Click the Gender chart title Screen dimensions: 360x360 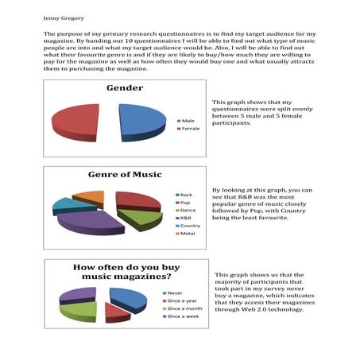[125, 87]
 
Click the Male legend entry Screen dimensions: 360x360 [188, 121]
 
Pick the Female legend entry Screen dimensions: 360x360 [190, 128]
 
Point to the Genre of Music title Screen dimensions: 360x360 [125, 174]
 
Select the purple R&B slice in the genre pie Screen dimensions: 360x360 [90, 222]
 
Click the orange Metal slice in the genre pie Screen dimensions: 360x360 [91, 196]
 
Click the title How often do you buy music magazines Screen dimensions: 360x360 [128, 273]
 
